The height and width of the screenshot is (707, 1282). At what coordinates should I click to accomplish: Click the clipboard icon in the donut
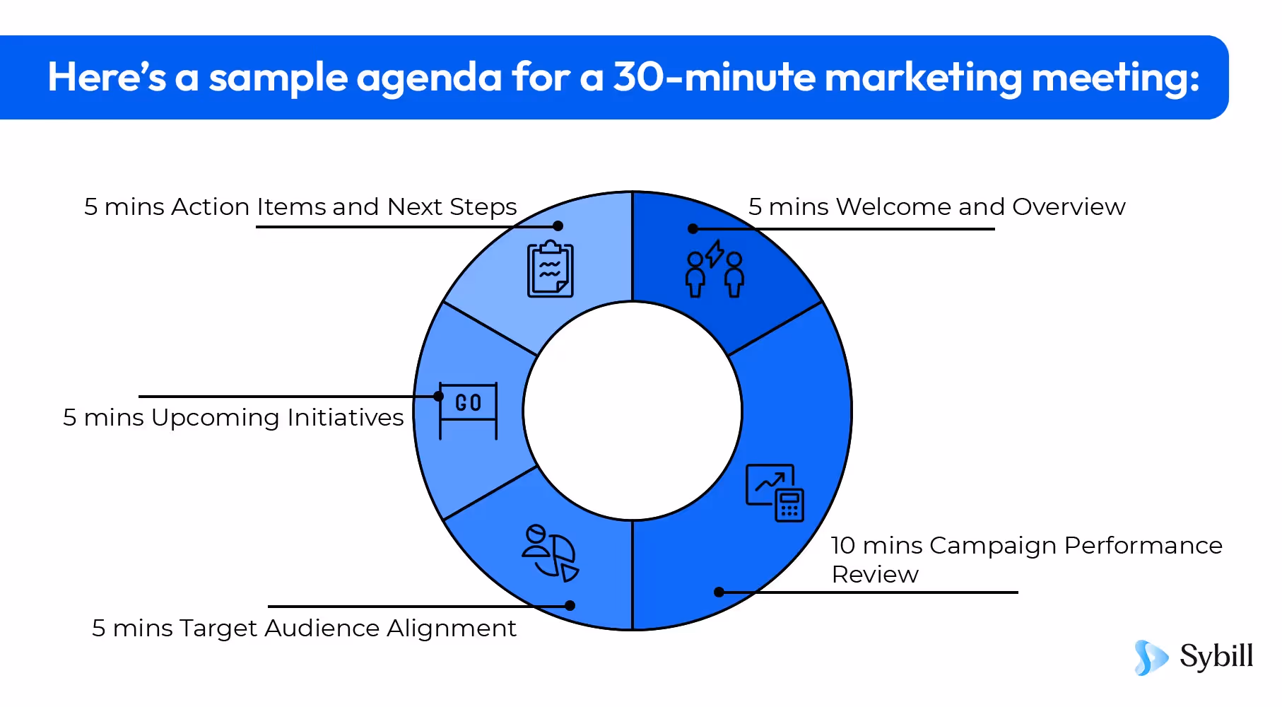tap(551, 269)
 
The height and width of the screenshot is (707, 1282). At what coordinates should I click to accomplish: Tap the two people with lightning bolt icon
tap(714, 269)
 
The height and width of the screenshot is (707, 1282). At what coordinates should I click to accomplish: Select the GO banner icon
tap(468, 411)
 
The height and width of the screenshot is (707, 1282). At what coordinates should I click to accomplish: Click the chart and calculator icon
tap(775, 493)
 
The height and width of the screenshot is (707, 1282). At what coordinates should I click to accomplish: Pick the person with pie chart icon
tap(551, 553)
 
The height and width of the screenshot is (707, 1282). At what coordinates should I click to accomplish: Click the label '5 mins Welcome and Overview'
tap(936, 206)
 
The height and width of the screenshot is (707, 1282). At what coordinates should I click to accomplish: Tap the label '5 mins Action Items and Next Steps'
tap(300, 206)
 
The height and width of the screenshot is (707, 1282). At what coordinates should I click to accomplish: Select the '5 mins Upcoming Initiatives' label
tap(233, 417)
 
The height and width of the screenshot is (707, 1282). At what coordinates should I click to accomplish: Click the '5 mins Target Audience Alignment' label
tap(304, 628)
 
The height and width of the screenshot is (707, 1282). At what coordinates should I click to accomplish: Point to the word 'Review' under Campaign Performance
tap(875, 574)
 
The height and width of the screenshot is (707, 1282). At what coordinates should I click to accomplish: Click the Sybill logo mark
tap(1151, 658)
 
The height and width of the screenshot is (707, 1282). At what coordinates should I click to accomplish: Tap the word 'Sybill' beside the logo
tap(1216, 656)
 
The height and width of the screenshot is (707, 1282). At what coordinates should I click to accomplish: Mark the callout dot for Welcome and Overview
tap(693, 228)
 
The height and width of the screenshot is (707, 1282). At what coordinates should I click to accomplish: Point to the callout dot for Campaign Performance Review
tap(719, 592)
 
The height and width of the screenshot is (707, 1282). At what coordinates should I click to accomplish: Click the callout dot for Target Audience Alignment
tap(570, 605)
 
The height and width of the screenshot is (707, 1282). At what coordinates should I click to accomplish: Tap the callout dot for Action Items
tap(558, 226)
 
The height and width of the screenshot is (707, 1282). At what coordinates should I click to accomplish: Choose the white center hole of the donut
tap(633, 411)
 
